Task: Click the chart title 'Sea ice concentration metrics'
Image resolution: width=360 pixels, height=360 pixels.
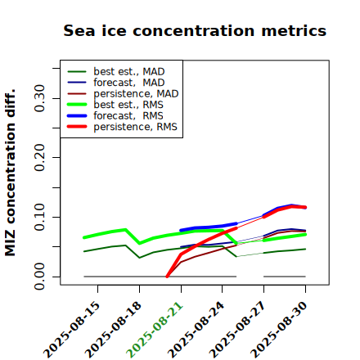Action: [195, 30]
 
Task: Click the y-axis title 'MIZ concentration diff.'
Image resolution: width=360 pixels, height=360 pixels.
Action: [10, 173]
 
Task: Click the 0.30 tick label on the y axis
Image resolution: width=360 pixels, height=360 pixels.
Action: [39, 98]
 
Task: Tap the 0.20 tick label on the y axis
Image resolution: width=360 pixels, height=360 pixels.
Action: [39, 158]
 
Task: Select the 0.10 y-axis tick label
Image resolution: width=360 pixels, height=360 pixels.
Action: [39, 217]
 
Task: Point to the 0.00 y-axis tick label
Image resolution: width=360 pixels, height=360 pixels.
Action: [39, 277]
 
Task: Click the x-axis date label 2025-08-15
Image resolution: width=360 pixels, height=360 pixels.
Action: [72, 330]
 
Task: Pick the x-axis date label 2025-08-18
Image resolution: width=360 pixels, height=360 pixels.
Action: [114, 330]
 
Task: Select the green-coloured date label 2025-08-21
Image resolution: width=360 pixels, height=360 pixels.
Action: [155, 330]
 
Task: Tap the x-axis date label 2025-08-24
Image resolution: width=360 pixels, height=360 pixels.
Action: [196, 330]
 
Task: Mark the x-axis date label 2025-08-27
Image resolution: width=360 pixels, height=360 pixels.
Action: [238, 330]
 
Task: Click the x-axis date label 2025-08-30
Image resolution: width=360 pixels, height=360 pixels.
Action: [280, 330]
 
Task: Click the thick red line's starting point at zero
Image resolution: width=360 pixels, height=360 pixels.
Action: [167, 277]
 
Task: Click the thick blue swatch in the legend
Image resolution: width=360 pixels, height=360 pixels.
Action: [77, 116]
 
